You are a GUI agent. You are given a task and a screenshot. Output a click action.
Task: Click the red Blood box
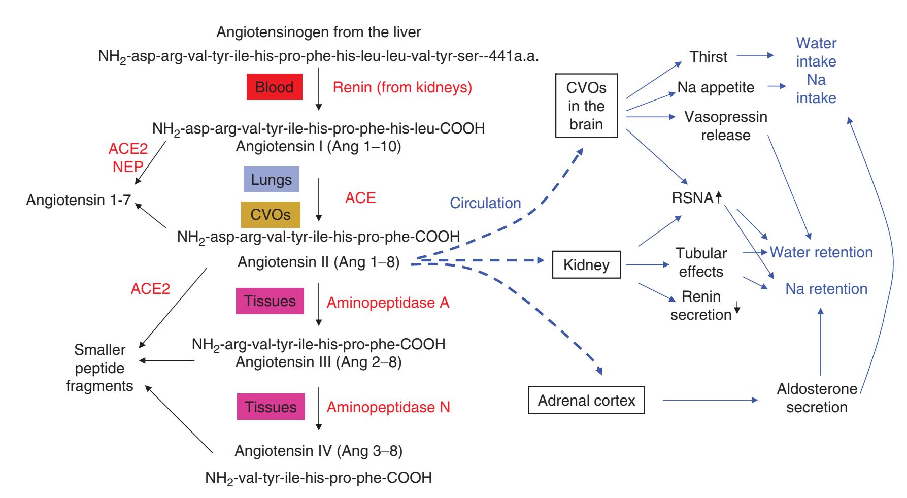[274, 87]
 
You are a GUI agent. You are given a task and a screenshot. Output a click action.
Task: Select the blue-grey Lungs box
[271, 180]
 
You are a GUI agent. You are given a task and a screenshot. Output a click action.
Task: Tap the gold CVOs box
[271, 215]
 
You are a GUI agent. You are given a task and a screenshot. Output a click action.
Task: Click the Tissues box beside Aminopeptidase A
[270, 301]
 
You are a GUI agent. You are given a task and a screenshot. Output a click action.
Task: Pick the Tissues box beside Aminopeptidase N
[271, 407]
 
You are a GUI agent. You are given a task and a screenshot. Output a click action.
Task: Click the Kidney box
[586, 265]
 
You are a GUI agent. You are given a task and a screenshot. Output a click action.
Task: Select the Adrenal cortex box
[586, 401]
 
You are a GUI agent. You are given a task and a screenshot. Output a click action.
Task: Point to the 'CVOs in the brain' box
[586, 106]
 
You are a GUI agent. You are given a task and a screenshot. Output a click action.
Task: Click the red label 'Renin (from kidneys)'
[402, 87]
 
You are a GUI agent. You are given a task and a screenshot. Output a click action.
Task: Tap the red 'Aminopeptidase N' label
[388, 407]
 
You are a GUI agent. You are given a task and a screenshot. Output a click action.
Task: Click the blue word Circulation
[485, 203]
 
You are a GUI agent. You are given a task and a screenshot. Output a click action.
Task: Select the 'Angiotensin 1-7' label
[78, 200]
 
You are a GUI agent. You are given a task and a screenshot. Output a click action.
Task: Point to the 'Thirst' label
[709, 57]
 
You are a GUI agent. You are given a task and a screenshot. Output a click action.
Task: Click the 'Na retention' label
[826, 289]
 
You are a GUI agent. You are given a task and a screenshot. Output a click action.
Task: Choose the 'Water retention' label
[821, 252]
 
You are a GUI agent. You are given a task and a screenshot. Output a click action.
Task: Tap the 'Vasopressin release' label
[726, 126]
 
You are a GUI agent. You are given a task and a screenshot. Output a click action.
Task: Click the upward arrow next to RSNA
[718, 197]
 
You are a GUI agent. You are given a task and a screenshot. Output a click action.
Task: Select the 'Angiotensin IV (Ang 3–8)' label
[318, 451]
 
